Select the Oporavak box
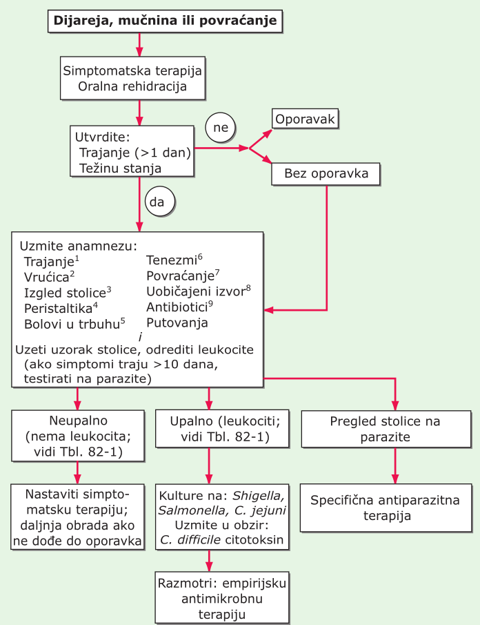pos(305,119)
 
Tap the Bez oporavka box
pos(326,174)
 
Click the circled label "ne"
pos(221,126)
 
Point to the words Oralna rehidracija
pos(132,87)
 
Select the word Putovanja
pos(177,323)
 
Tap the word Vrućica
pos(46,277)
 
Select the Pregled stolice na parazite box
pos(395,429)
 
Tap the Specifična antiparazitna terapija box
pos(394,508)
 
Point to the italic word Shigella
pos(258,496)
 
